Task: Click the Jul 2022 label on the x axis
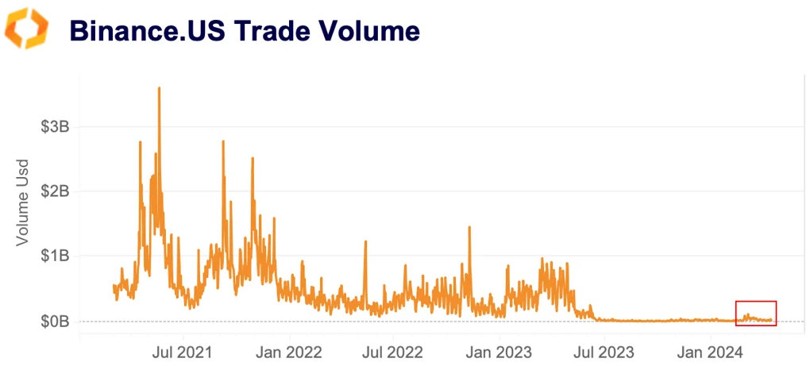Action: point(395,349)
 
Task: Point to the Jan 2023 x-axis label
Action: point(499,349)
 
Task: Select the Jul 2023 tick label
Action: point(605,349)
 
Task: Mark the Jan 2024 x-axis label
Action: point(710,349)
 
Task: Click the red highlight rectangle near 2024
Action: point(756,313)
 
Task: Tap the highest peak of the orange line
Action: point(159,88)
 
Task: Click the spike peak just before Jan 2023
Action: point(469,227)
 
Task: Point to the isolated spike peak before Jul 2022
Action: point(365,241)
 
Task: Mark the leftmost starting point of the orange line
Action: point(114,286)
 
